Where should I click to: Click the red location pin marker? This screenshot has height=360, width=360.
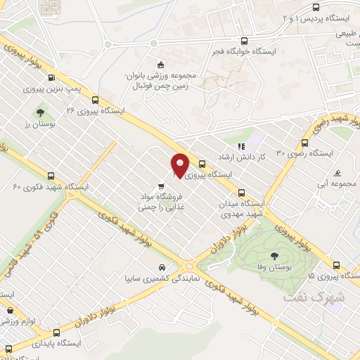click(x=180, y=165)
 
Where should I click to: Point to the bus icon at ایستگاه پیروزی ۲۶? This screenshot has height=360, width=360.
click(x=95, y=100)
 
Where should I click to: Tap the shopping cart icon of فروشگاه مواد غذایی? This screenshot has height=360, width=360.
click(x=162, y=186)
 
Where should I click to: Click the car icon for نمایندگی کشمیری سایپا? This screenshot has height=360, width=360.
click(x=162, y=268)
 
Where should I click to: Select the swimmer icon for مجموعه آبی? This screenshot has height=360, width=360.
click(x=338, y=174)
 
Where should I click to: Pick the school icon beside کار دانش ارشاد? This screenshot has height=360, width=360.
click(x=242, y=146)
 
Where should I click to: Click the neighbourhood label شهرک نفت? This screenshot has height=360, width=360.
click(x=307, y=297)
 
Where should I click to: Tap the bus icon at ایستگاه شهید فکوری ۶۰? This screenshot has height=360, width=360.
click(x=50, y=176)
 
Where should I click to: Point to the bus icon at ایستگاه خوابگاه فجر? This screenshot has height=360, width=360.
click(x=244, y=41)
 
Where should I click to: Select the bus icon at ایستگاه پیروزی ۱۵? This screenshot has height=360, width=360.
click(x=337, y=266)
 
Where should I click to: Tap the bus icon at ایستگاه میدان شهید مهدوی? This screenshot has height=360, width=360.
click(x=242, y=192)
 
